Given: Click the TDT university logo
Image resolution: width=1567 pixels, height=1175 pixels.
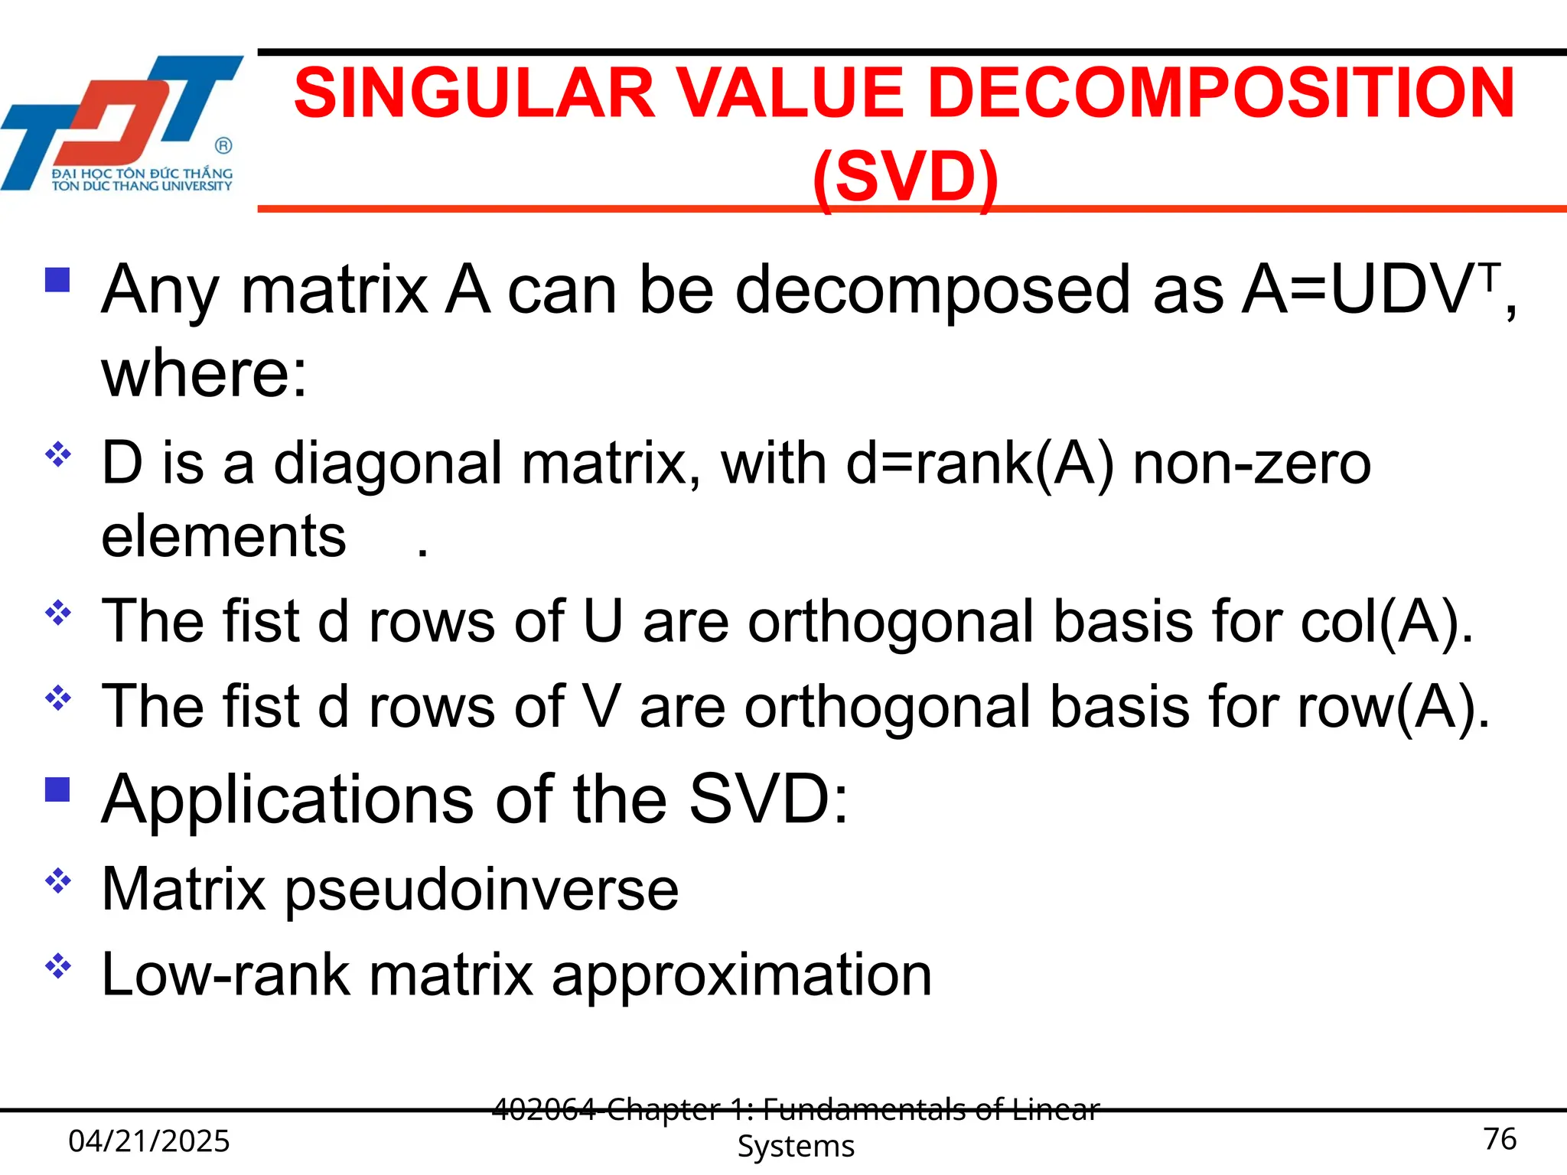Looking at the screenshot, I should tap(122, 122).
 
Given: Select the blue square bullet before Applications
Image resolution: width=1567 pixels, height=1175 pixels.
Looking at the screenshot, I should tap(57, 789).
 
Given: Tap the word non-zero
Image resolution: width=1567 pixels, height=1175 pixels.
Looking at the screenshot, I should tap(1252, 464).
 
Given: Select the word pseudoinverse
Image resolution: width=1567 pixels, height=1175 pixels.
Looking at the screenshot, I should tap(482, 890).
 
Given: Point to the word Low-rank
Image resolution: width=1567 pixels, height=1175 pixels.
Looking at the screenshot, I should tap(226, 975).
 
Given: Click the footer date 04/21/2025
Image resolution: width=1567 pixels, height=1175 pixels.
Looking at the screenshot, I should tap(149, 1141).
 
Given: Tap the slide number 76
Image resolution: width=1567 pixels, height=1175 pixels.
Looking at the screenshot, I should tap(1500, 1139).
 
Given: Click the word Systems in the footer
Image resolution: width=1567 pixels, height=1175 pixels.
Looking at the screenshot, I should tap(796, 1146).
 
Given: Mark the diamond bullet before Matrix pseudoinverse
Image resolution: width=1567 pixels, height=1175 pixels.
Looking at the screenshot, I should tap(58, 882).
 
